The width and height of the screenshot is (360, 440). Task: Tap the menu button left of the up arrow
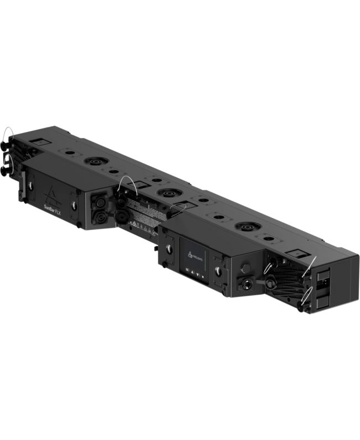[188, 270]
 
